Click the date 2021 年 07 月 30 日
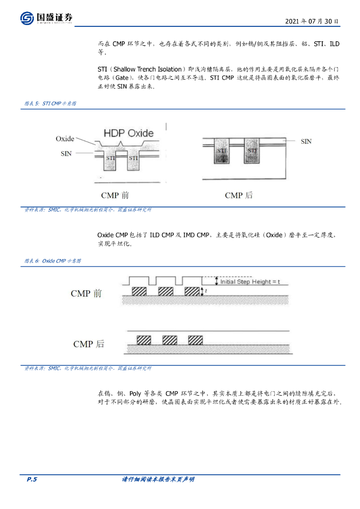[312, 22]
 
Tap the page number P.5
[32, 479]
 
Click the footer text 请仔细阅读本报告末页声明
[158, 479]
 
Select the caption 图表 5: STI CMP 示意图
[50, 103]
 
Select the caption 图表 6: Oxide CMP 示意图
[53, 260]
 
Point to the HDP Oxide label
[128, 133]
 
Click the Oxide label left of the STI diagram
[65, 139]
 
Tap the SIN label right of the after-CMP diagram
[306, 142]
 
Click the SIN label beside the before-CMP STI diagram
[66, 154]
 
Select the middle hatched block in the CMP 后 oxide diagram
[170, 340]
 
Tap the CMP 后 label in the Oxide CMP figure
[89, 344]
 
